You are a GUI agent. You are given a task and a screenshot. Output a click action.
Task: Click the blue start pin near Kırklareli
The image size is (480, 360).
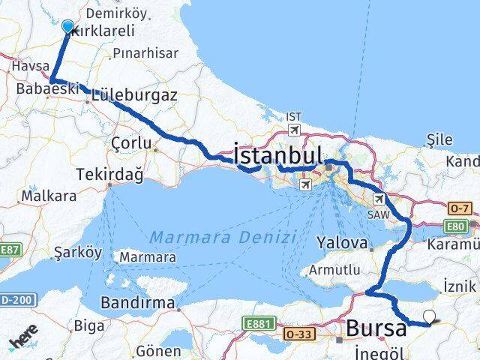point(67,28)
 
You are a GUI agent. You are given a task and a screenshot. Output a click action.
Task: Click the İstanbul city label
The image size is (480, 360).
point(279,155)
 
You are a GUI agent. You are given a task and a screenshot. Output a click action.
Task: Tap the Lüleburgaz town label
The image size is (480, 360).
point(135,95)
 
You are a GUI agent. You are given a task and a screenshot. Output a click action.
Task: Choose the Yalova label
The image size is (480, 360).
point(342,243)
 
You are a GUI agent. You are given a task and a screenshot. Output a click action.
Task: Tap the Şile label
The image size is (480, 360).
point(439,139)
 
